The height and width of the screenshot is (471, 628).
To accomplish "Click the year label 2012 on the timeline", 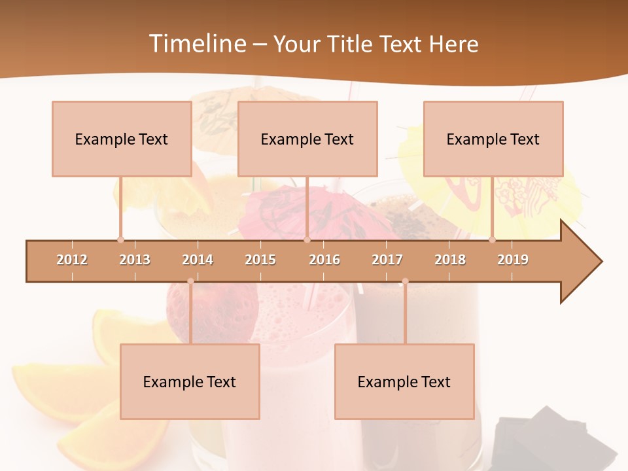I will pos(72,260).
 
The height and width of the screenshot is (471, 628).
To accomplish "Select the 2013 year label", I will pos(135,260).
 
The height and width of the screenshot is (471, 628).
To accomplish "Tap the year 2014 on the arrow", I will pos(198,260).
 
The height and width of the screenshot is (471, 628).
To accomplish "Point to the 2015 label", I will pos(260,260).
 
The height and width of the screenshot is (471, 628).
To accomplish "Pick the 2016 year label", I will pos(324,260).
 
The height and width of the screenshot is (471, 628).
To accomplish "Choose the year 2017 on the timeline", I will pos(387,260).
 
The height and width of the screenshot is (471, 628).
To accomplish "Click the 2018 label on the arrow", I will pos(450,260).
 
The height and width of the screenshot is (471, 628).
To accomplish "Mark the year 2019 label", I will pos(513,260).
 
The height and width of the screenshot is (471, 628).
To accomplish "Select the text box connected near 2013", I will pos(122,139).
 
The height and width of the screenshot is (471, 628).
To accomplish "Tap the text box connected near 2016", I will pos(307,139).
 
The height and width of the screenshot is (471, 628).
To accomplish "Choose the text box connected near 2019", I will pos(493,139).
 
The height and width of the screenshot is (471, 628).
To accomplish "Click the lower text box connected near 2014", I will pos(190,381).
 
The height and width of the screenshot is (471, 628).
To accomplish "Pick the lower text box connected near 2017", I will pos(404,381).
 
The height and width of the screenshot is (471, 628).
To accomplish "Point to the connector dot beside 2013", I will pos(120,239).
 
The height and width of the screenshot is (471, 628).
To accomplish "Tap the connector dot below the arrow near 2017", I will pos(405,281).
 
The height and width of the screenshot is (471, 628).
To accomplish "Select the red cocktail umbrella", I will pos(288,209).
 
